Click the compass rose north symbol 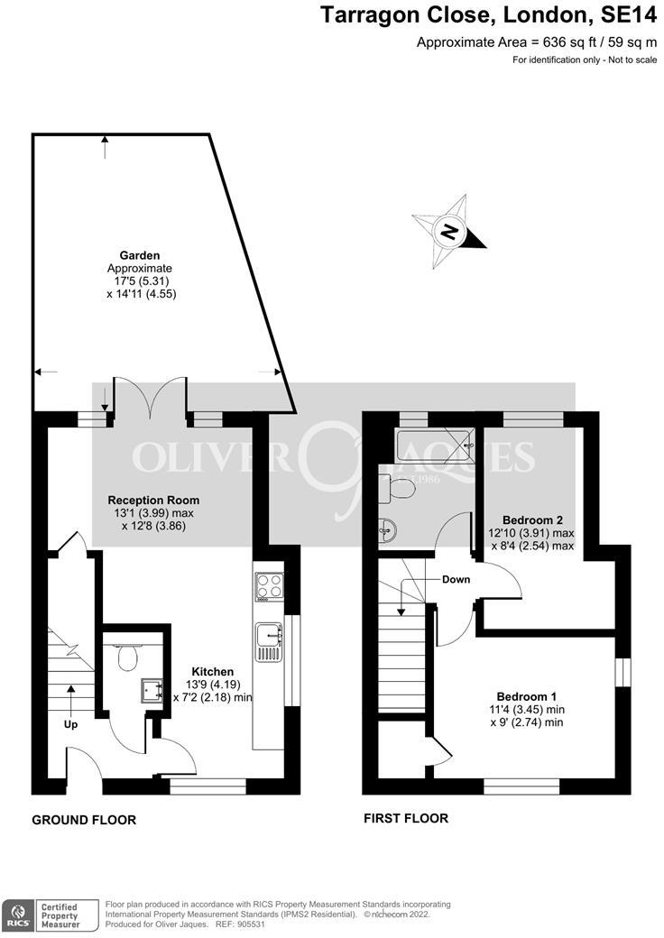pyautogui.click(x=449, y=232)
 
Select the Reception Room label pyautogui.click(x=153, y=500)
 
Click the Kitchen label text pyautogui.click(x=212, y=672)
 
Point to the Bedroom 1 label pyautogui.click(x=526, y=696)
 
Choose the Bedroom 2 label pyautogui.click(x=532, y=520)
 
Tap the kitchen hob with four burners pyautogui.click(x=269, y=587)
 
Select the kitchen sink pyautogui.click(x=269, y=638)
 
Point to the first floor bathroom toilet pyautogui.click(x=398, y=487)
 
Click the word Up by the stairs pyautogui.click(x=70, y=724)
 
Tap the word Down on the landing pyautogui.click(x=456, y=579)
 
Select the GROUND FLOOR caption pyautogui.click(x=84, y=820)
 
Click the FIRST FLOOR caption pyautogui.click(x=406, y=819)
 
